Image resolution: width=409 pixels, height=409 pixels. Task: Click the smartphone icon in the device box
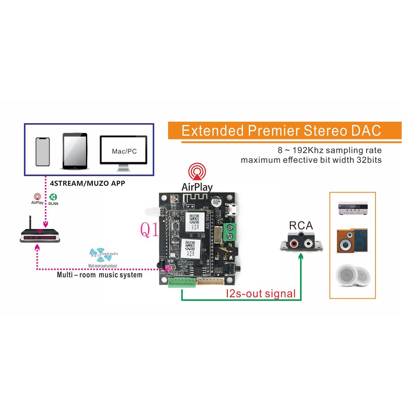pos(43,152)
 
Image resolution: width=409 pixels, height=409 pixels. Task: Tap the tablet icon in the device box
pos(75,151)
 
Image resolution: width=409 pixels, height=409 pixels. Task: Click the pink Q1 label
pos(149,230)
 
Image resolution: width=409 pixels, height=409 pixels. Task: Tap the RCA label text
pos(301,226)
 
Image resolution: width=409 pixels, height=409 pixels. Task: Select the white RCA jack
pos(308,243)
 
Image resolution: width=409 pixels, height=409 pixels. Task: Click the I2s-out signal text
pos(261,294)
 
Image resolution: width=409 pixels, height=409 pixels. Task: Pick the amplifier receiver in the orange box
pos(353,208)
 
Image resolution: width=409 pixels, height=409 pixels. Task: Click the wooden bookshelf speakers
pos(352,241)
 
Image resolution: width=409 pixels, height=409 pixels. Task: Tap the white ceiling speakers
pos(353,275)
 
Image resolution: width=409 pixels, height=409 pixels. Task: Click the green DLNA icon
pos(53,197)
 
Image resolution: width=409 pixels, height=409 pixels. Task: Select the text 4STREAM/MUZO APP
pos(87,183)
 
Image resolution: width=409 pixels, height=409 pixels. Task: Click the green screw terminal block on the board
pos(230,232)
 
